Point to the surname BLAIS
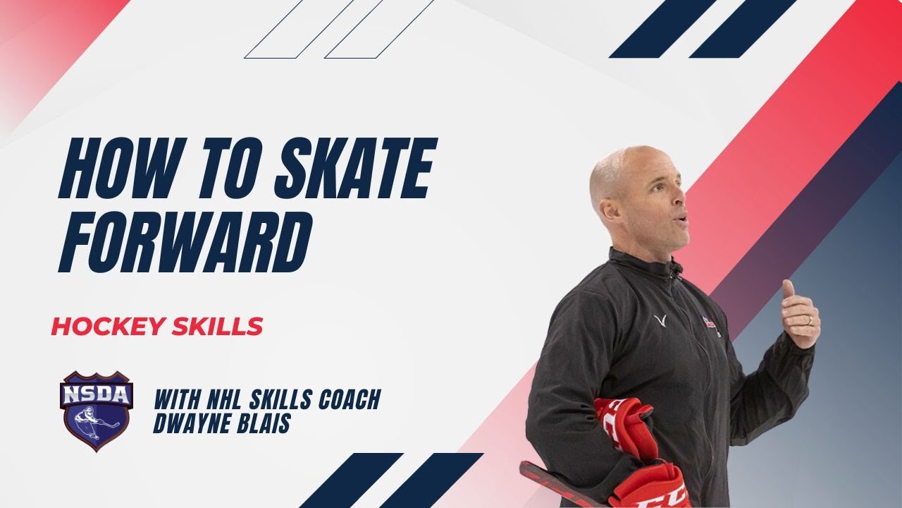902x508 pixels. [265, 423]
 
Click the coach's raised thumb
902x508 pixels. [789, 290]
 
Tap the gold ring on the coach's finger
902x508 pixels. [809, 321]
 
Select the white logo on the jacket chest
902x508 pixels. [660, 322]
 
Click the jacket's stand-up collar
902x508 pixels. [641, 264]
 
